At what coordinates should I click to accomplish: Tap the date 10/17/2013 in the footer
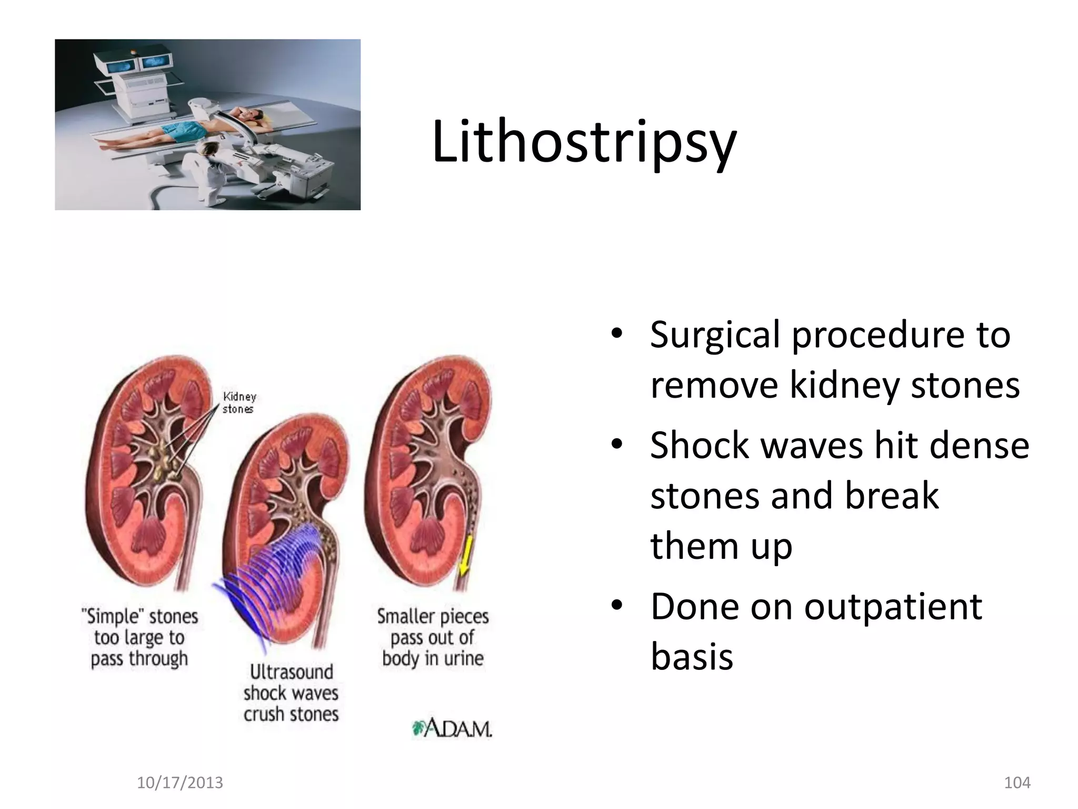pos(179,783)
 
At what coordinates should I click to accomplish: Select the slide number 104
pos(1017,783)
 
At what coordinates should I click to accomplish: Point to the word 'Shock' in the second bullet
pos(700,446)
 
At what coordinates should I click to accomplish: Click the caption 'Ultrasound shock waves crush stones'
pos(291,693)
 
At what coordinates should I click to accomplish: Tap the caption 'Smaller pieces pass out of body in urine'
pos(433,637)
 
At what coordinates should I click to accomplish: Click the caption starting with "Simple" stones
pos(139,637)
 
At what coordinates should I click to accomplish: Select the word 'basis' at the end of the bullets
pos(692,657)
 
